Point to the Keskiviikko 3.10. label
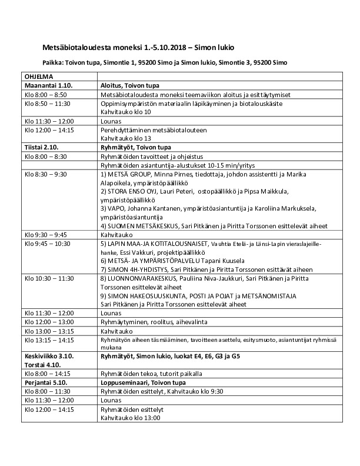(49, 357)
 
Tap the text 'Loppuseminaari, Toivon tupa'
(137, 382)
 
